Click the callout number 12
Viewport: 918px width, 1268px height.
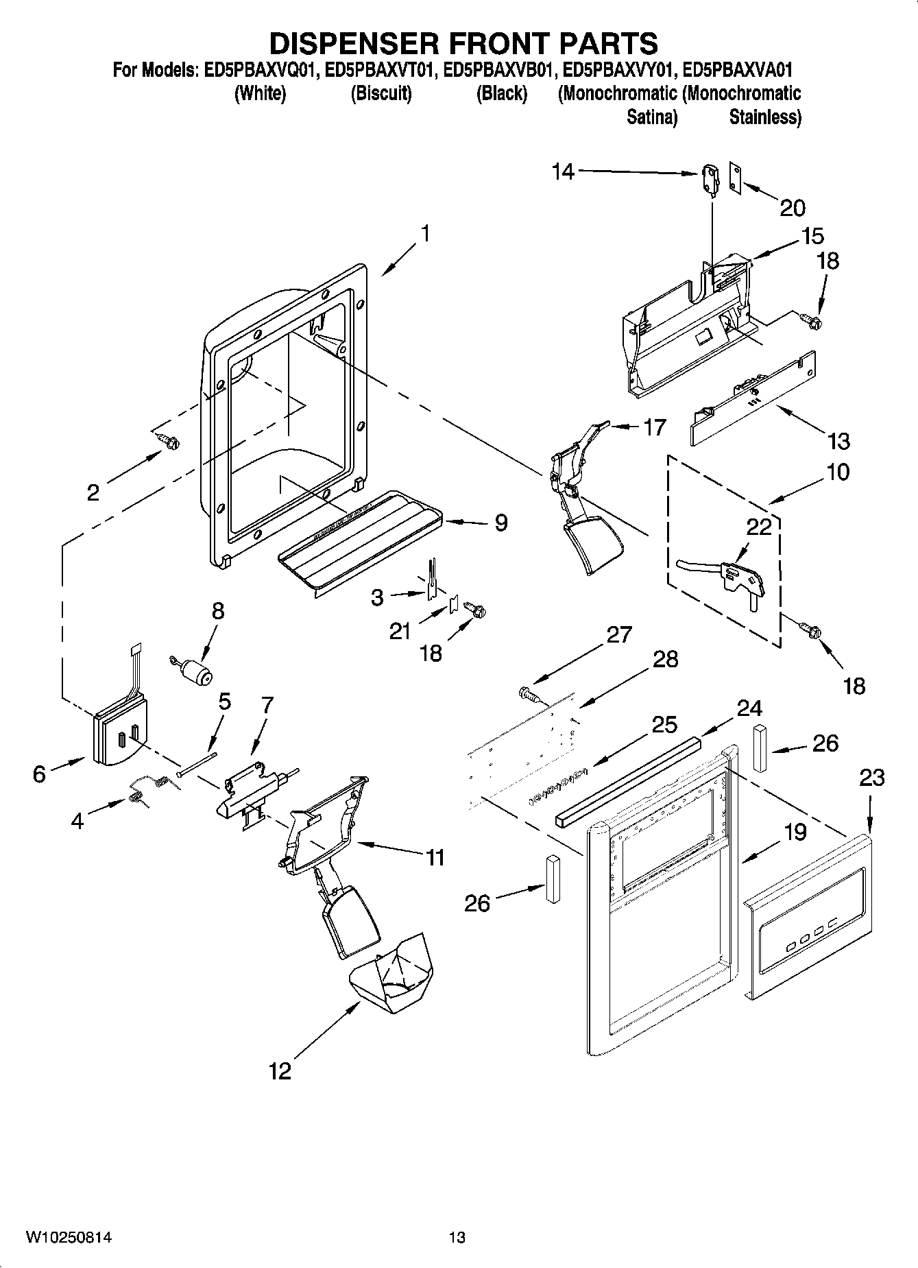[x=280, y=1070]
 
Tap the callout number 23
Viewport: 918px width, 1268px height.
[x=871, y=778]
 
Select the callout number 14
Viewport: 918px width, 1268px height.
[x=563, y=171]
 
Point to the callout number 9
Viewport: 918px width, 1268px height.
[x=501, y=523]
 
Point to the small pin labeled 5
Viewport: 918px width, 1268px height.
[x=197, y=763]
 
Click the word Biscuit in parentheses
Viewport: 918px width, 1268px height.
[x=381, y=94]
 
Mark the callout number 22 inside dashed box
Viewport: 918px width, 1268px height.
[x=759, y=527]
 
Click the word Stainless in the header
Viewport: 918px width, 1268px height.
[x=764, y=117]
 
